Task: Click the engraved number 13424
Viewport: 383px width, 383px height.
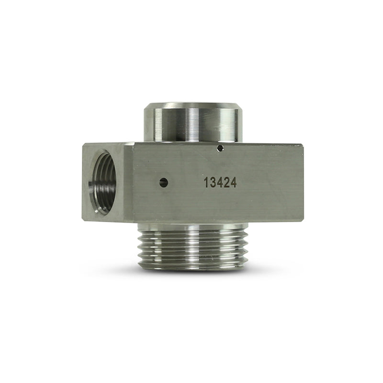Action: [x=220, y=182]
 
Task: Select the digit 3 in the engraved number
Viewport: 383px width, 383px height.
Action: [x=213, y=182]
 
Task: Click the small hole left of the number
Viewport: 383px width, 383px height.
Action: [x=164, y=182]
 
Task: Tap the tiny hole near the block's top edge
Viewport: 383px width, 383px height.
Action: [x=220, y=148]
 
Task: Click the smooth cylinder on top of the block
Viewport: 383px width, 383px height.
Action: [x=191, y=124]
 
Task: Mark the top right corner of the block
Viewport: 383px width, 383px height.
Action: [x=303, y=144]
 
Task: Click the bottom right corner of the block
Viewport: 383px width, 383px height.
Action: [x=303, y=221]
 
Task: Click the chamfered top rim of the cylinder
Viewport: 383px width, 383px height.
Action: [x=191, y=105]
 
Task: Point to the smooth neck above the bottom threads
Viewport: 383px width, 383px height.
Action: [x=191, y=226]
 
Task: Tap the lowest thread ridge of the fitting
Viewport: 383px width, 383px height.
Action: [x=191, y=265]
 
